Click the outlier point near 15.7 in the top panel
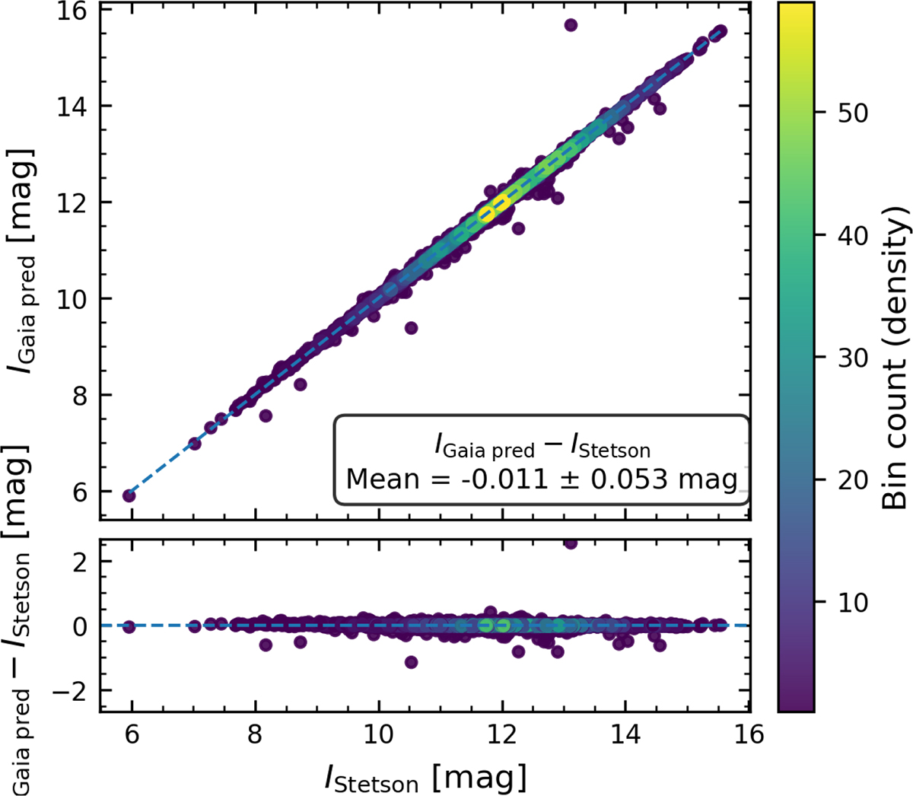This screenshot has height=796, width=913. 571,25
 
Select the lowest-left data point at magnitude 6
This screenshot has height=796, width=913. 129,495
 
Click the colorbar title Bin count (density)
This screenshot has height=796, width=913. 896,358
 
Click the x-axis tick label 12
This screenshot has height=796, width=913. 502,734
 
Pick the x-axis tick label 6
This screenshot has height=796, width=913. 132,734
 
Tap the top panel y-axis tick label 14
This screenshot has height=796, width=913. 74,107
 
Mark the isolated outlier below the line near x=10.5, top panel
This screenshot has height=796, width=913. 411,328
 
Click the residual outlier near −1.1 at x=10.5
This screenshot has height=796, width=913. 411,662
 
